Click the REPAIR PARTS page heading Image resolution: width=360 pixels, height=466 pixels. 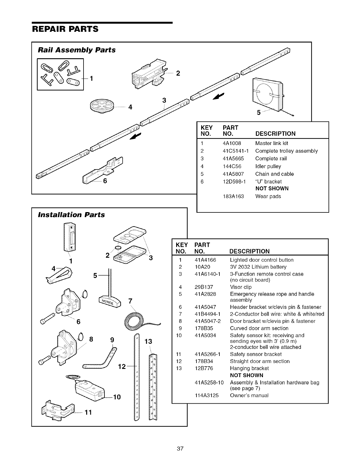point(65,29)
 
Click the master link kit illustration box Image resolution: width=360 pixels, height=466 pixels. point(60,74)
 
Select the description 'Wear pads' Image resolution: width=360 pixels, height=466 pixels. point(268,196)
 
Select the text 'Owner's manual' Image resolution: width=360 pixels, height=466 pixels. point(249,395)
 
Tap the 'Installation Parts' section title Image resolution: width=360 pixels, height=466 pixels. point(71,215)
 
